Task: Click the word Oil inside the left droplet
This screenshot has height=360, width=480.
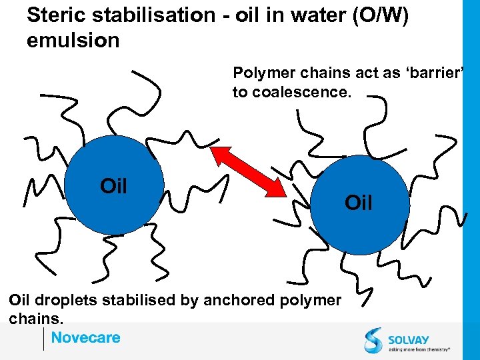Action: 113,186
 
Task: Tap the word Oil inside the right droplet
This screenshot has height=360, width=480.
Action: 359,203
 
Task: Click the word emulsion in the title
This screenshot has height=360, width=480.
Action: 73,40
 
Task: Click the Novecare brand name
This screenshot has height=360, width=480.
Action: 86,337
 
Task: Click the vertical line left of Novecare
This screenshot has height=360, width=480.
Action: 43,339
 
